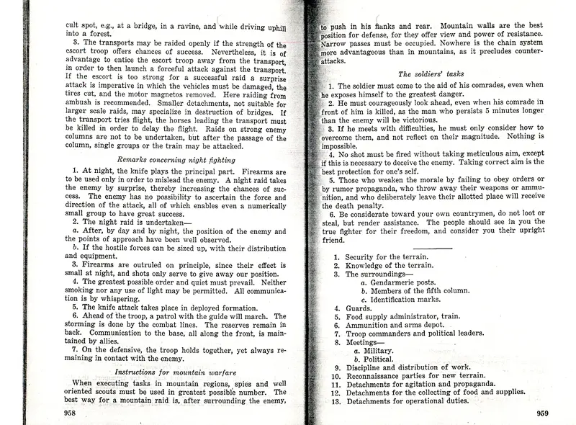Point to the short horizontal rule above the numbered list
click(x=432, y=247)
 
